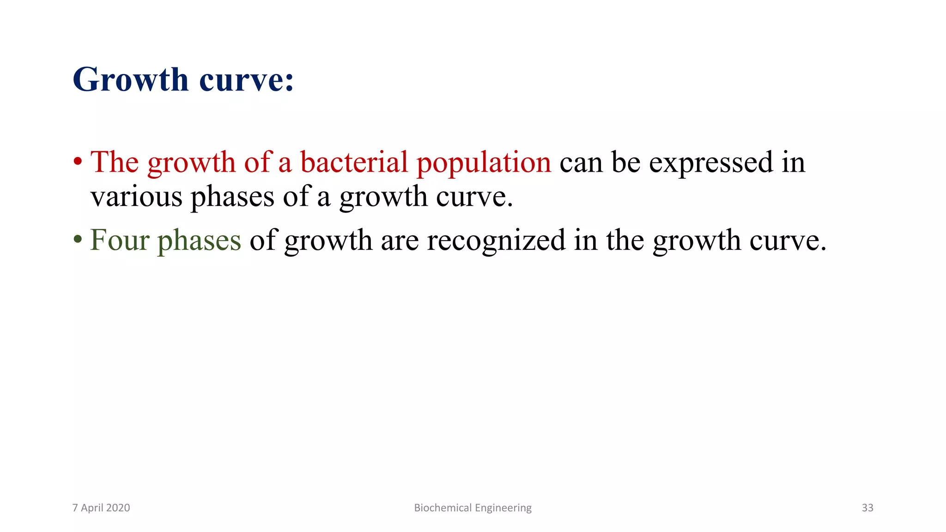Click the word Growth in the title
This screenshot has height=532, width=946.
click(131, 80)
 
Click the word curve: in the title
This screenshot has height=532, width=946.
click(247, 80)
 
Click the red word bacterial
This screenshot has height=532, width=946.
click(354, 163)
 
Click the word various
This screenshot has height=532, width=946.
click(136, 197)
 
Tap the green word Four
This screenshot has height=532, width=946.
click(120, 240)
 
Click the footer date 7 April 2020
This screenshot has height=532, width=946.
click(101, 508)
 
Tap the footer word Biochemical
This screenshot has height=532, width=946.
click(443, 508)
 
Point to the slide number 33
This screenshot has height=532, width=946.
click(867, 508)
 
